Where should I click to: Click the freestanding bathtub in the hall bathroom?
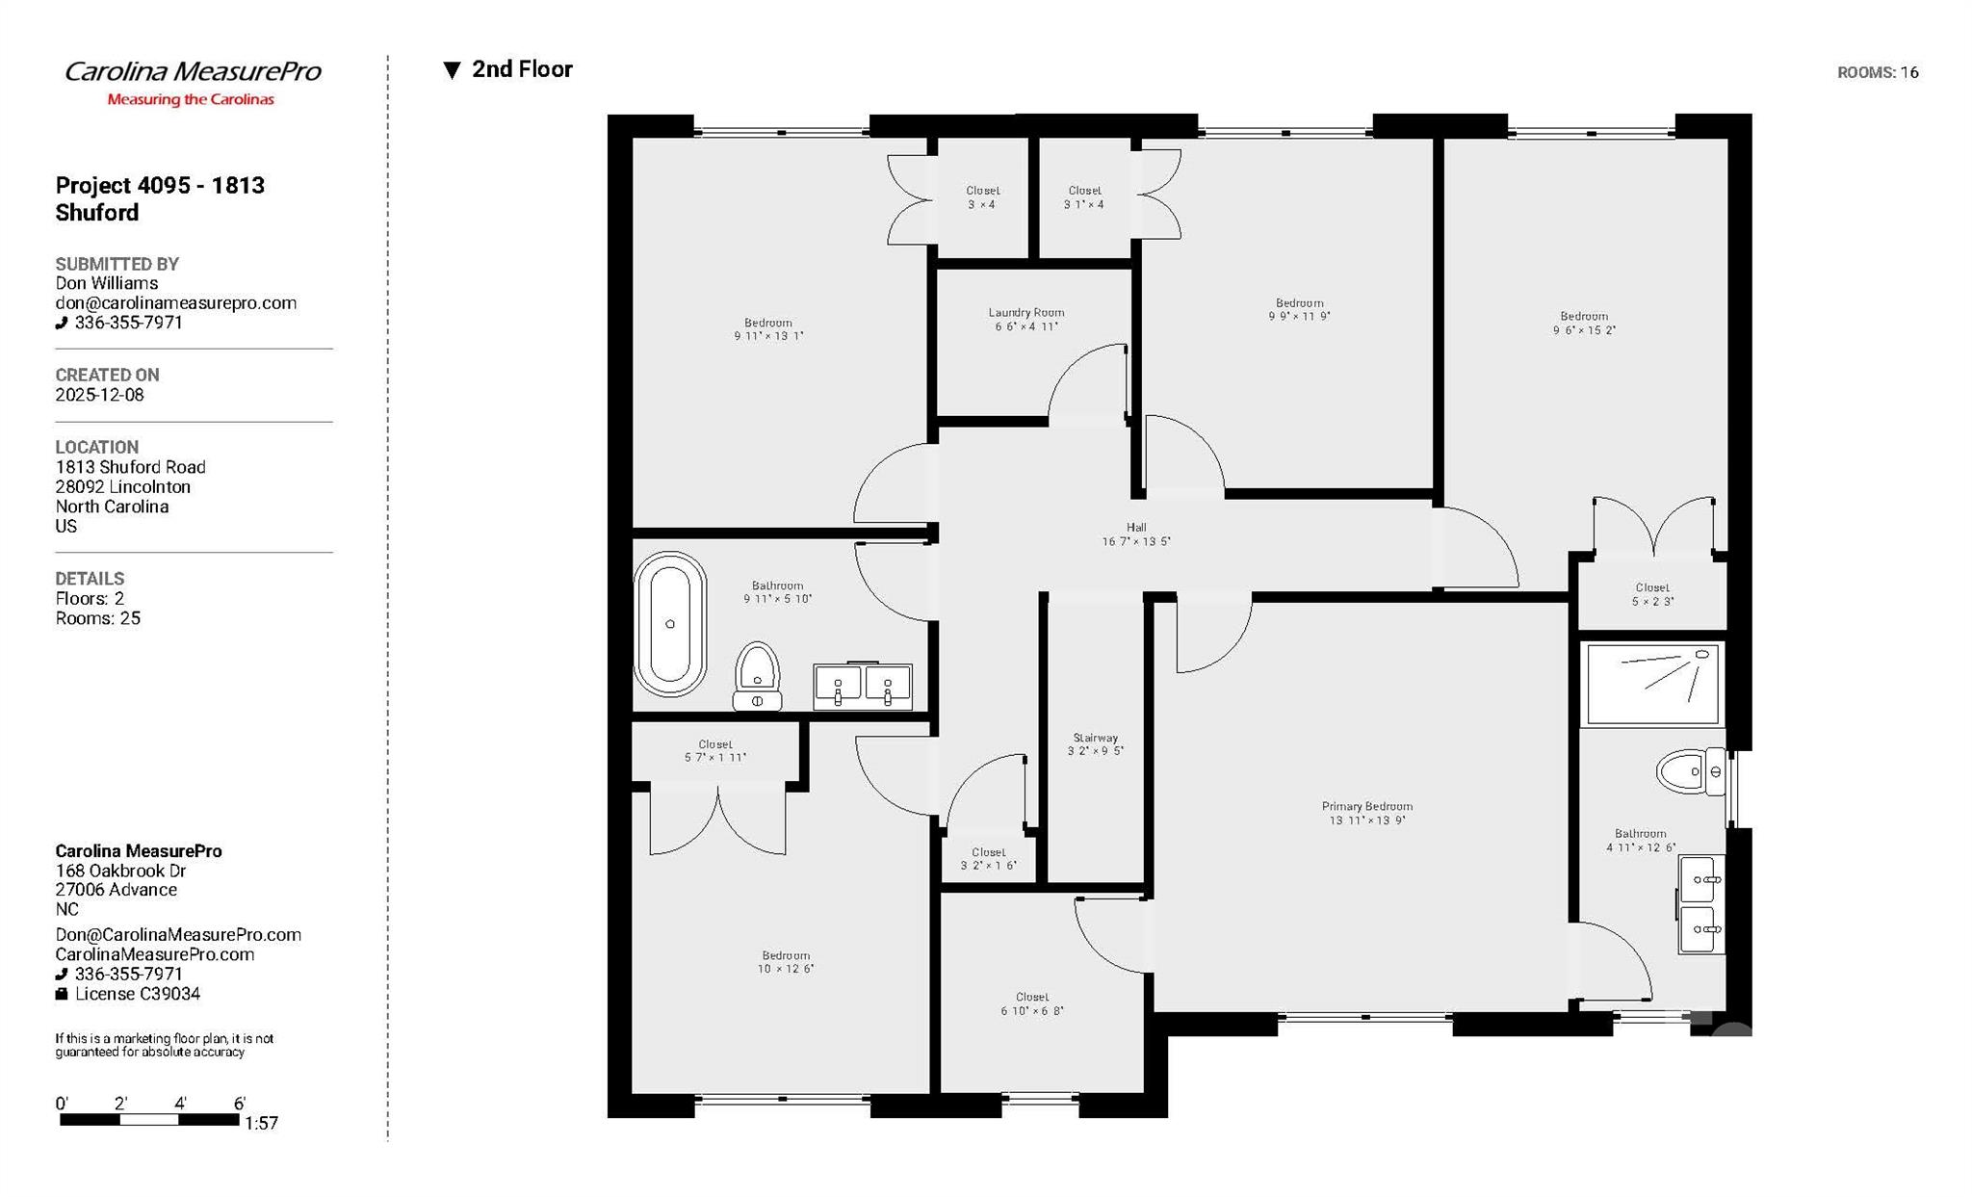click(669, 624)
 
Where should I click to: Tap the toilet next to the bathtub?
click(757, 676)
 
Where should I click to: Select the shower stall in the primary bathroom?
click(1652, 685)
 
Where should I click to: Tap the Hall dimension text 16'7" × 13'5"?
click(1136, 542)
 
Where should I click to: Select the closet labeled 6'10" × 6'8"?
click(1031, 1004)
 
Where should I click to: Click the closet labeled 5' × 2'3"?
click(1651, 594)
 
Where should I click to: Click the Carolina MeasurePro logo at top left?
click(192, 81)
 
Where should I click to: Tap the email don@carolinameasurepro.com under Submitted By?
click(175, 303)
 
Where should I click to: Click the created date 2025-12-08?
click(99, 395)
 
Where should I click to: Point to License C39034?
click(137, 994)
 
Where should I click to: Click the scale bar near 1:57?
click(149, 1119)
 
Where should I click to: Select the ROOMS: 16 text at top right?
click(1877, 72)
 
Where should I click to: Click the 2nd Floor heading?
click(521, 69)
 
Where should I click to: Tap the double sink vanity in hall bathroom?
click(862, 685)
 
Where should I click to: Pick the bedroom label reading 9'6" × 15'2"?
click(1583, 324)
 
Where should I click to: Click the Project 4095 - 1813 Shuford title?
click(160, 198)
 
